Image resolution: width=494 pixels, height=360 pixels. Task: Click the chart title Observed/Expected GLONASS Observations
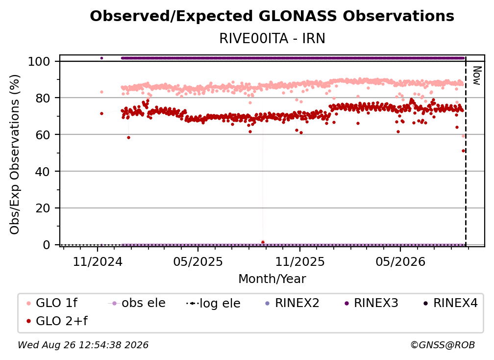click(272, 16)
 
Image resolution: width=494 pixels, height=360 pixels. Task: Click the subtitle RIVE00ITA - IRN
click(272, 38)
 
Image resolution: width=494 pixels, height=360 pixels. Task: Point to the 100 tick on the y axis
click(39, 61)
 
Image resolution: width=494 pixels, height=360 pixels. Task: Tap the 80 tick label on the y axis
click(43, 98)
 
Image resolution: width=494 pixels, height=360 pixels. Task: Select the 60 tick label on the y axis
click(43, 135)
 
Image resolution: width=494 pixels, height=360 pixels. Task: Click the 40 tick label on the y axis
click(43, 172)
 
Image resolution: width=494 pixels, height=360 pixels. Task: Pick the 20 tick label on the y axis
click(43, 208)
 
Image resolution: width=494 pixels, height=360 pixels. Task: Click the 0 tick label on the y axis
click(46, 245)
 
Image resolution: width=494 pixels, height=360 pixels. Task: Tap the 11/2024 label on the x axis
click(98, 261)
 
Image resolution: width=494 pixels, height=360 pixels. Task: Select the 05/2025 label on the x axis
click(198, 261)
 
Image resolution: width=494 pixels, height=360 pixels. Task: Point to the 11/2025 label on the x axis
click(300, 261)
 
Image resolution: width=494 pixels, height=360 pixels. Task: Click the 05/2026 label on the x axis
click(400, 261)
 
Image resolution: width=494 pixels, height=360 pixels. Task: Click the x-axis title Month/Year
click(272, 279)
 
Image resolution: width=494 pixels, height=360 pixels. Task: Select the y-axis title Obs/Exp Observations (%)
click(15, 154)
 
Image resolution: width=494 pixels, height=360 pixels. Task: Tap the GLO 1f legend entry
click(52, 303)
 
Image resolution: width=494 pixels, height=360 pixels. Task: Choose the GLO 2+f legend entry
click(57, 321)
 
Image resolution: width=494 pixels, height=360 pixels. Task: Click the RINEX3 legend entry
click(371, 303)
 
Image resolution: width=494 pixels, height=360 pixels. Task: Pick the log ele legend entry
click(213, 303)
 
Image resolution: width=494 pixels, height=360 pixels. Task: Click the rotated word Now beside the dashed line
click(477, 76)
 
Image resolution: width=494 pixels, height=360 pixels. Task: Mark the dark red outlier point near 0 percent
click(263, 242)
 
